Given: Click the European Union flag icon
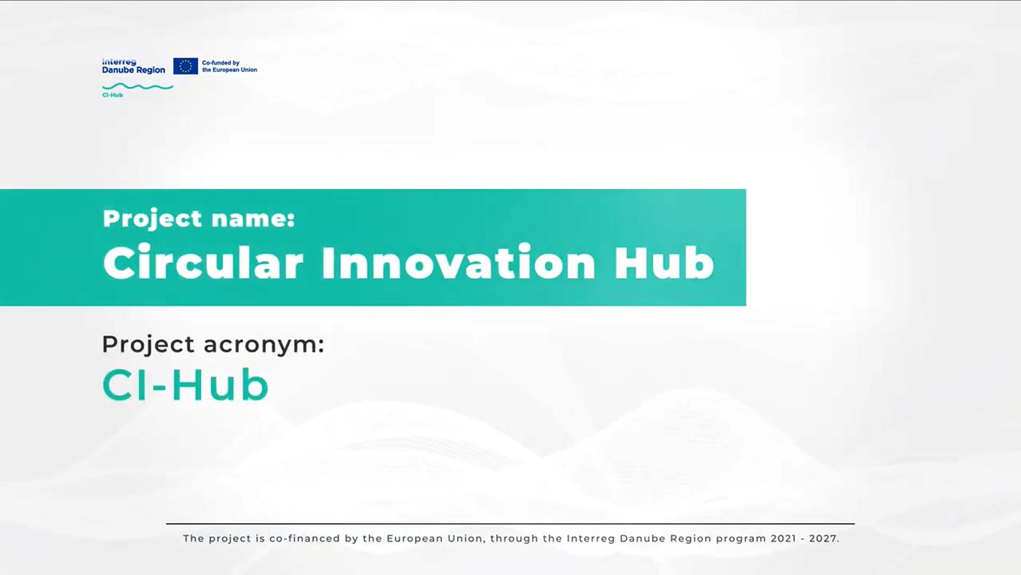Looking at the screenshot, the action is point(185,66).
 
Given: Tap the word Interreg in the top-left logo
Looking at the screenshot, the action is point(119,62).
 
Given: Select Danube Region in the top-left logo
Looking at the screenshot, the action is point(134,70).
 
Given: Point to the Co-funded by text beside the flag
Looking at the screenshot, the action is point(221,63).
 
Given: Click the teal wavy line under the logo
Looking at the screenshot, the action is point(137,86).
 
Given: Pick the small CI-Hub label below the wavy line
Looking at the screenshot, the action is point(112,95).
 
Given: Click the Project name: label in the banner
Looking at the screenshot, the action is point(199,219).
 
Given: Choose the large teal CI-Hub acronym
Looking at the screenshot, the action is point(185,384).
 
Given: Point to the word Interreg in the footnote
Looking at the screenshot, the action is point(591,539).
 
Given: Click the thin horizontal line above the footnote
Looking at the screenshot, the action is point(510,524).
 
